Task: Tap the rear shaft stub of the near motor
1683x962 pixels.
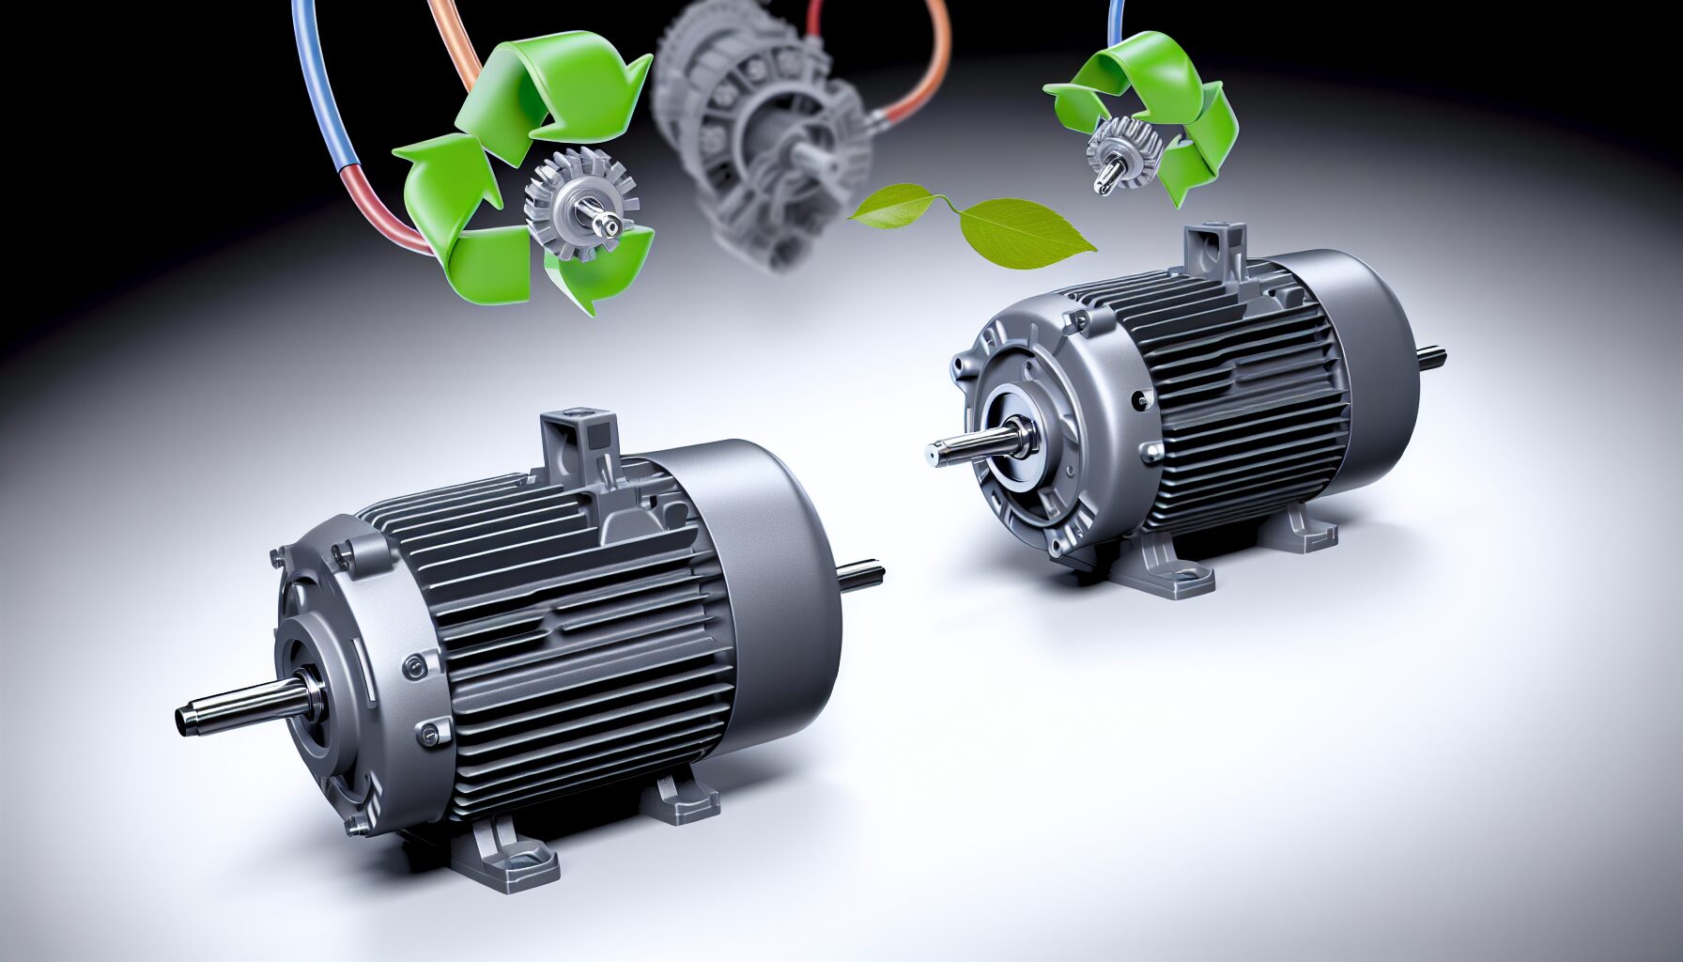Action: point(861,575)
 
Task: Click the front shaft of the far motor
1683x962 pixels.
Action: point(967,445)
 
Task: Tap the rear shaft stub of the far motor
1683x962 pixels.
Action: point(1431,357)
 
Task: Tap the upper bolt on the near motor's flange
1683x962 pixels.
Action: point(413,667)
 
